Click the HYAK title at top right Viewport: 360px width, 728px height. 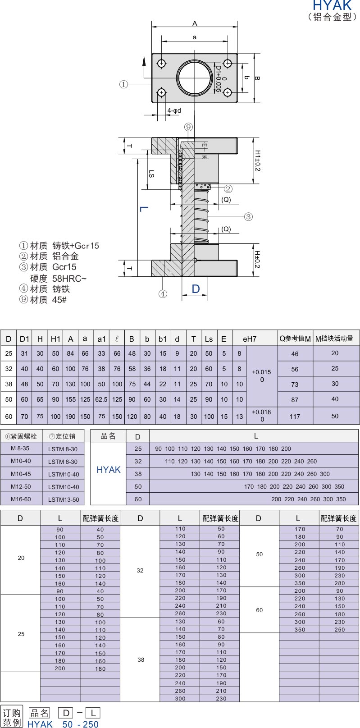(332, 5)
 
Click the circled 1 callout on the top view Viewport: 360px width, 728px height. (123, 84)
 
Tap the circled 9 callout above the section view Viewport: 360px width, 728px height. (188, 127)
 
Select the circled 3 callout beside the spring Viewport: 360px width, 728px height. (248, 216)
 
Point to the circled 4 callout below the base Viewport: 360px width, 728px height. (163, 294)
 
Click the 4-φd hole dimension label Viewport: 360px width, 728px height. (174, 110)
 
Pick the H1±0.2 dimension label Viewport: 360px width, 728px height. (257, 160)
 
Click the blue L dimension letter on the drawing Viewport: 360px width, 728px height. (144, 209)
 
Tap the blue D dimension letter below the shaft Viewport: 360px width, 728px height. (196, 288)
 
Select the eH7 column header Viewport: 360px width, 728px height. (250, 339)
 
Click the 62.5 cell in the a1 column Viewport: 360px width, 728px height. (101, 399)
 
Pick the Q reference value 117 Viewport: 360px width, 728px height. (295, 417)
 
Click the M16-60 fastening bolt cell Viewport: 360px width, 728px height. (21, 499)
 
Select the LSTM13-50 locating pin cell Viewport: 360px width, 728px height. (64, 499)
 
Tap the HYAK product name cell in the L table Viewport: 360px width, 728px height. (109, 470)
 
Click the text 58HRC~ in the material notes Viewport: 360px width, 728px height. (69, 279)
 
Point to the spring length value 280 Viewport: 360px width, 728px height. (340, 583)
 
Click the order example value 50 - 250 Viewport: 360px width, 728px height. (80, 724)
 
